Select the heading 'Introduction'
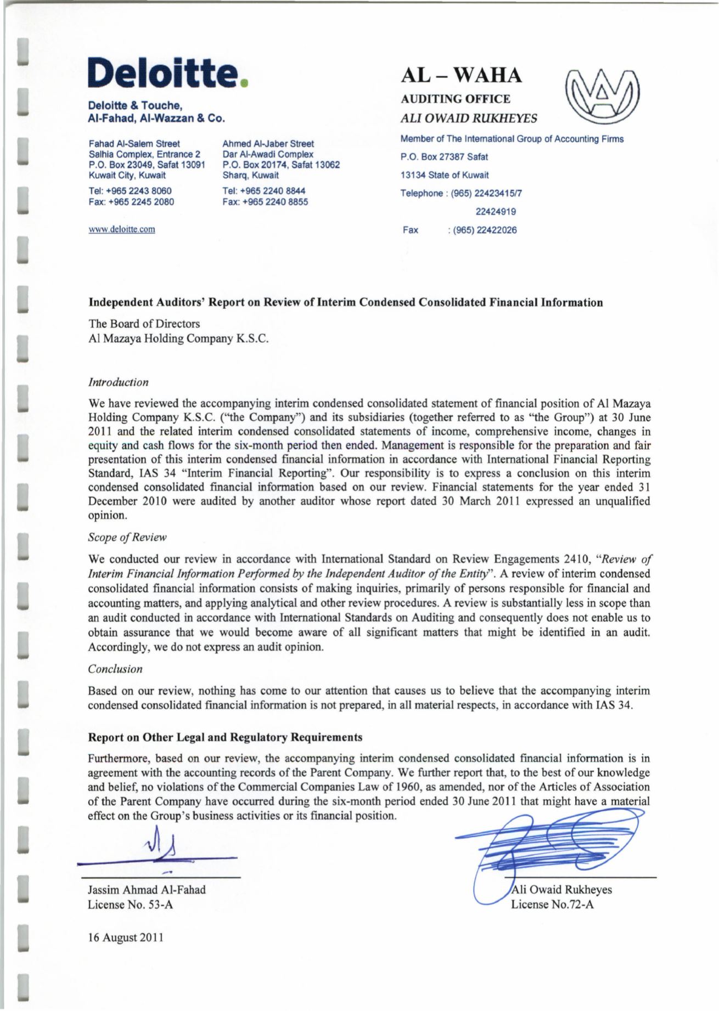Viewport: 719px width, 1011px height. [118, 382]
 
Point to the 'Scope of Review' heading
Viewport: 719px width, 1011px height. [127, 537]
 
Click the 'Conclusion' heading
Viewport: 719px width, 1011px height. [115, 669]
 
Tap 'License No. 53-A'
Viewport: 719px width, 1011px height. [131, 905]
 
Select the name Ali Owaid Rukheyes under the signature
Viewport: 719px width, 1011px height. [561, 890]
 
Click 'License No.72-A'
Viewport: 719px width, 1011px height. [552, 905]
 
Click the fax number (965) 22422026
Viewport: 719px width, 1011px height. [482, 230]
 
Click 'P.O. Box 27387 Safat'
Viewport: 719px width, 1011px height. [444, 157]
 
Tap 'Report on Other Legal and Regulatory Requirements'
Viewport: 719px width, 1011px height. [225, 737]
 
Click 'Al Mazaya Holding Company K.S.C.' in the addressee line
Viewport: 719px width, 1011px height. [178, 339]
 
